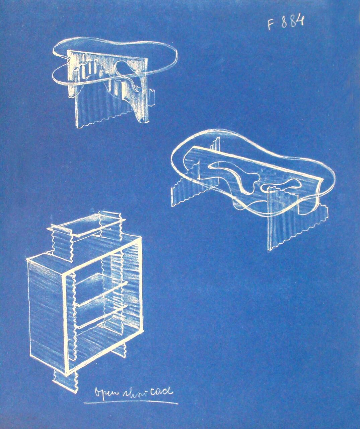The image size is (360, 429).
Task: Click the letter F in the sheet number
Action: (270, 24)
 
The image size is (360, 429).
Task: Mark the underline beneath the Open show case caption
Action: (131, 403)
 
